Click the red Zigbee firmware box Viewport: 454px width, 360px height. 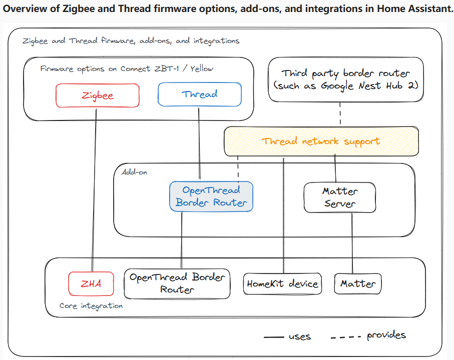[97, 95]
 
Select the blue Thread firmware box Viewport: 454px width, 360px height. [199, 94]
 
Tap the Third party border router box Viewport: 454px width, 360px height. [346, 79]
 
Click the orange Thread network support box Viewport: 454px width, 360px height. [321, 141]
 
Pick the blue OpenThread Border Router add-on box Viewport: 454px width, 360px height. [211, 196]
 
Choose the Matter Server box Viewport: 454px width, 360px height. [340, 197]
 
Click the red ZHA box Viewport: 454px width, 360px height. [91, 283]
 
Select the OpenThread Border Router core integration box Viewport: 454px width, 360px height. [177, 283]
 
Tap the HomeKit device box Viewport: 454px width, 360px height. [282, 284]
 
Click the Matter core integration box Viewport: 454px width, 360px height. [357, 283]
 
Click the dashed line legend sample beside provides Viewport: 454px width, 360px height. [345, 337]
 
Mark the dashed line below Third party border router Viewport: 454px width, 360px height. [340, 114]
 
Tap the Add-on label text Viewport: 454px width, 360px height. [134, 172]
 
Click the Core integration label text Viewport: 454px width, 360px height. [91, 305]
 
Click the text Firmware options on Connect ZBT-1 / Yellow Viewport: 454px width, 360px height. [126, 68]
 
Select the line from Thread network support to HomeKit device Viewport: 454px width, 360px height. [284, 215]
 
